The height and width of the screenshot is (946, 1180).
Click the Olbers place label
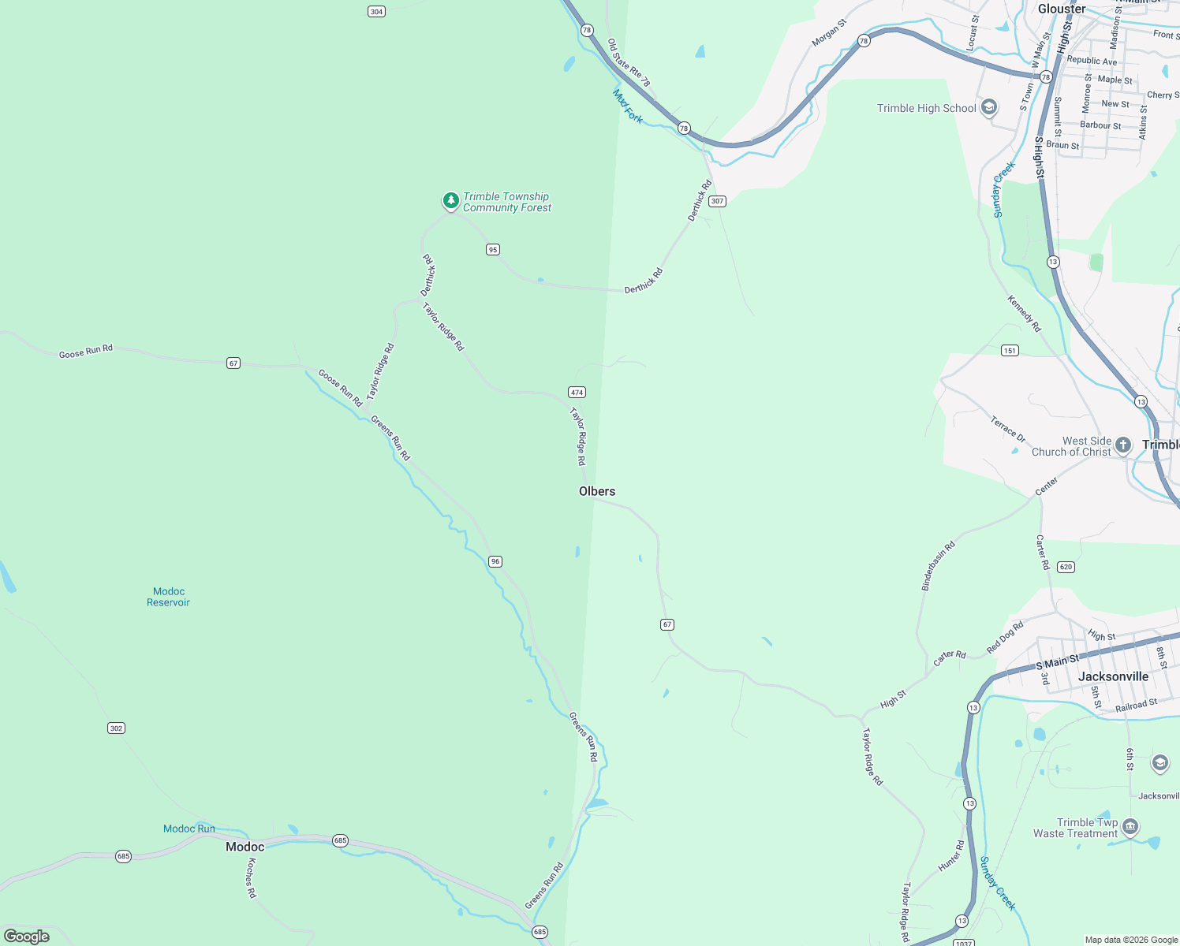click(x=597, y=491)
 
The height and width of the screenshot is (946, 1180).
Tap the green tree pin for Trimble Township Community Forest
click(x=450, y=201)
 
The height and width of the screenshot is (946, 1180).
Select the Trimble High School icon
click(x=989, y=108)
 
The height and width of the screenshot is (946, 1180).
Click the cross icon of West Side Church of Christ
click(x=1123, y=445)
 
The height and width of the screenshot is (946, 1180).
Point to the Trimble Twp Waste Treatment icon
click(x=1130, y=826)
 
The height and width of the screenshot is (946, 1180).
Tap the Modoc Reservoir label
click(x=169, y=597)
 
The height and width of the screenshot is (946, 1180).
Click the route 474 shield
click(x=577, y=392)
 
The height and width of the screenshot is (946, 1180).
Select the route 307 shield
click(x=717, y=201)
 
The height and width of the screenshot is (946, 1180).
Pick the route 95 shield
click(x=493, y=249)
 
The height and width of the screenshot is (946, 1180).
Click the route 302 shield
click(x=117, y=728)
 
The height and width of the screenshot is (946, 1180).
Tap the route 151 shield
click(x=1010, y=350)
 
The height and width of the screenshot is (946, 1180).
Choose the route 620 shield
click(x=1066, y=567)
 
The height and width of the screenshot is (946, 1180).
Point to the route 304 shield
click(x=377, y=11)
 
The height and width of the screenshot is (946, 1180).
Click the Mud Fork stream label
click(x=628, y=106)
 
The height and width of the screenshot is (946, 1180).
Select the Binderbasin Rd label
click(x=939, y=565)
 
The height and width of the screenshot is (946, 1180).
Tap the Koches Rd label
click(x=252, y=877)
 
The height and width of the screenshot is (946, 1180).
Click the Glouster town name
click(x=1062, y=9)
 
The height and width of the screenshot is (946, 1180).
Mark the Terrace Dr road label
click(x=1008, y=430)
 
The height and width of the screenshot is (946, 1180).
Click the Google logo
click(x=27, y=936)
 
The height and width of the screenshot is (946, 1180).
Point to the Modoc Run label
click(x=189, y=829)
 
